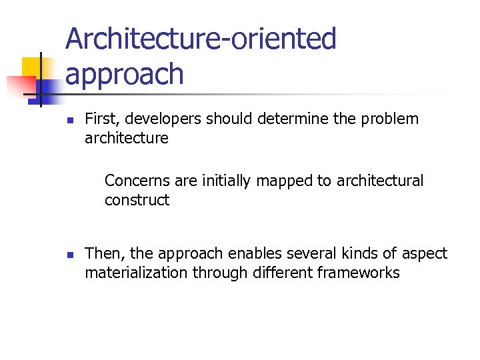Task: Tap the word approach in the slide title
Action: [124, 75]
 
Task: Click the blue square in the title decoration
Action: [48, 88]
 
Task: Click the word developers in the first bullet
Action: [167, 119]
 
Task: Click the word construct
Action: [137, 200]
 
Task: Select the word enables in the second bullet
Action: [252, 253]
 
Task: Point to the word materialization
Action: [136, 273]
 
